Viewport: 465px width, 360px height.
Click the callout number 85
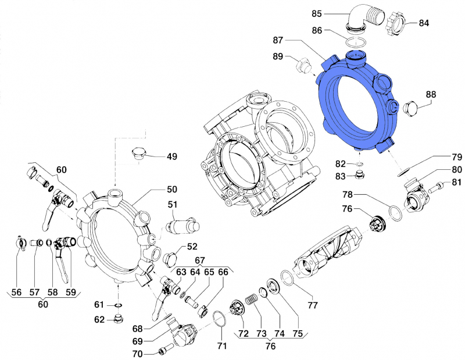pos(333,13)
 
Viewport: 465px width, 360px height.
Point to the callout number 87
pos(278,40)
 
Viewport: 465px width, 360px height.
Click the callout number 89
pos(278,56)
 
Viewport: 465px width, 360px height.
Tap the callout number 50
pos(172,190)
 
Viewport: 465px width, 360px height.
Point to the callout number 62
pos(101,319)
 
